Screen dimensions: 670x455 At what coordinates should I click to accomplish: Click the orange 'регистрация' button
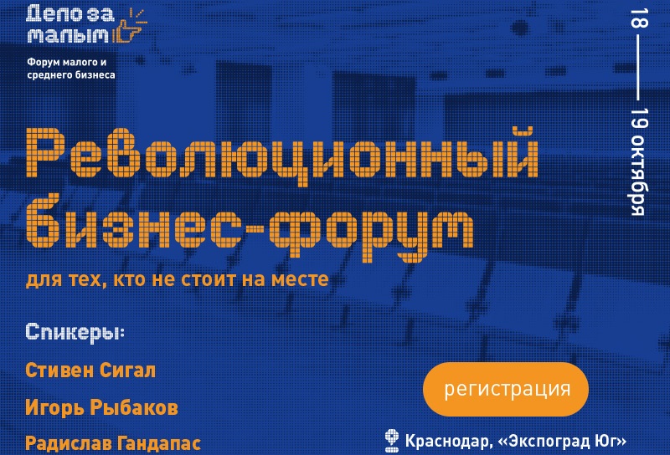[x=506, y=389]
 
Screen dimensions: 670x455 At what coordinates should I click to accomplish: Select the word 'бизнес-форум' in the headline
[x=250, y=226]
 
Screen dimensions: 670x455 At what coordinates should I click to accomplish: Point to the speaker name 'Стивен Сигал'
[x=90, y=370]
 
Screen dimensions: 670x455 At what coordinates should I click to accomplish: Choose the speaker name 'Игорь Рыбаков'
[x=101, y=407]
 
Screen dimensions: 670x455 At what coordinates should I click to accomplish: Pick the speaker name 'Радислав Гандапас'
[x=113, y=443]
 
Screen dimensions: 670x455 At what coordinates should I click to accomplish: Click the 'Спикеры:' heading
[x=75, y=332]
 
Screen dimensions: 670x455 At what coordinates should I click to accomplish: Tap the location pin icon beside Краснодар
[x=392, y=441]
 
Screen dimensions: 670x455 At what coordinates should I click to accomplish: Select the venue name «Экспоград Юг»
[x=562, y=442]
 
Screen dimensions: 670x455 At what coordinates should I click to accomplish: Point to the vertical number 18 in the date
[x=639, y=18]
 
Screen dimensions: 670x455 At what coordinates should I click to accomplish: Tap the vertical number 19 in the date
[x=639, y=117]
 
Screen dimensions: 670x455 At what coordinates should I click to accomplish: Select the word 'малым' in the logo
[x=69, y=35]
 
